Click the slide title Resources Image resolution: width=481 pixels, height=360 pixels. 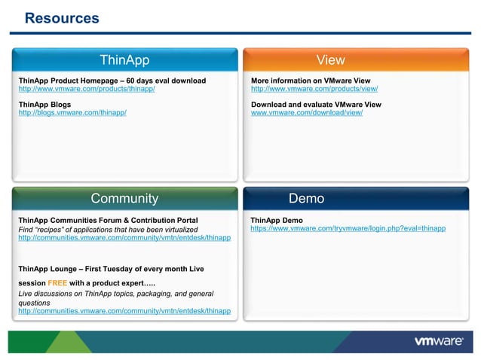coord(62,18)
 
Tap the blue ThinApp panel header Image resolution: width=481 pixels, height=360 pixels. coord(124,60)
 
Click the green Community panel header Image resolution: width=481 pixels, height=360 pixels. coord(124,199)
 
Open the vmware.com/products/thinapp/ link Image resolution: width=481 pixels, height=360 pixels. coord(87,89)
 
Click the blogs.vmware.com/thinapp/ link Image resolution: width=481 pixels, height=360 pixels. coord(72,112)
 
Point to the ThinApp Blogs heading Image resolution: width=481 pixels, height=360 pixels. coord(44,104)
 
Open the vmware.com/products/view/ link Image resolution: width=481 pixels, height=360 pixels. coord(314,89)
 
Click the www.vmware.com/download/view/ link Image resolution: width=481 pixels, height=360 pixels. coord(307,112)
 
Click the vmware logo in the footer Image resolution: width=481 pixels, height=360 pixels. coord(438,341)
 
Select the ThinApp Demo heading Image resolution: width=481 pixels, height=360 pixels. coord(277,221)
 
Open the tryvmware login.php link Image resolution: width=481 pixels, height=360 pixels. coord(348,228)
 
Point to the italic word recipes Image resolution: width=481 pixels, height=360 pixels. coord(52,230)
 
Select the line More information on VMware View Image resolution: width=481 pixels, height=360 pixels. coord(311,81)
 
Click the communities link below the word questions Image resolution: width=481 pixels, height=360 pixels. coord(124,311)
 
